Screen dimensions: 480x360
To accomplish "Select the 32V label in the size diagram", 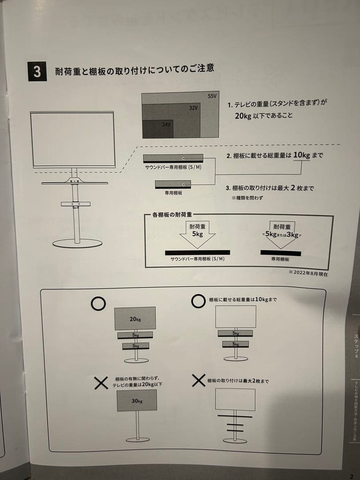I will click(192, 108).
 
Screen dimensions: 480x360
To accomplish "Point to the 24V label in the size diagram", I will click(166, 125).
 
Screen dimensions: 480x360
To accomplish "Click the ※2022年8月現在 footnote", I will click(308, 274).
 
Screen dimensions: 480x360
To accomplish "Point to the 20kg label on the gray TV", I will click(135, 319).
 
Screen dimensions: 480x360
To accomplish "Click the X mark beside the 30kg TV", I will click(101, 382).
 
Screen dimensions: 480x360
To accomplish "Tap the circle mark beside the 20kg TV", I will click(98, 303).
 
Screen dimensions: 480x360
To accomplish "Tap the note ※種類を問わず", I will click(247, 198).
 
